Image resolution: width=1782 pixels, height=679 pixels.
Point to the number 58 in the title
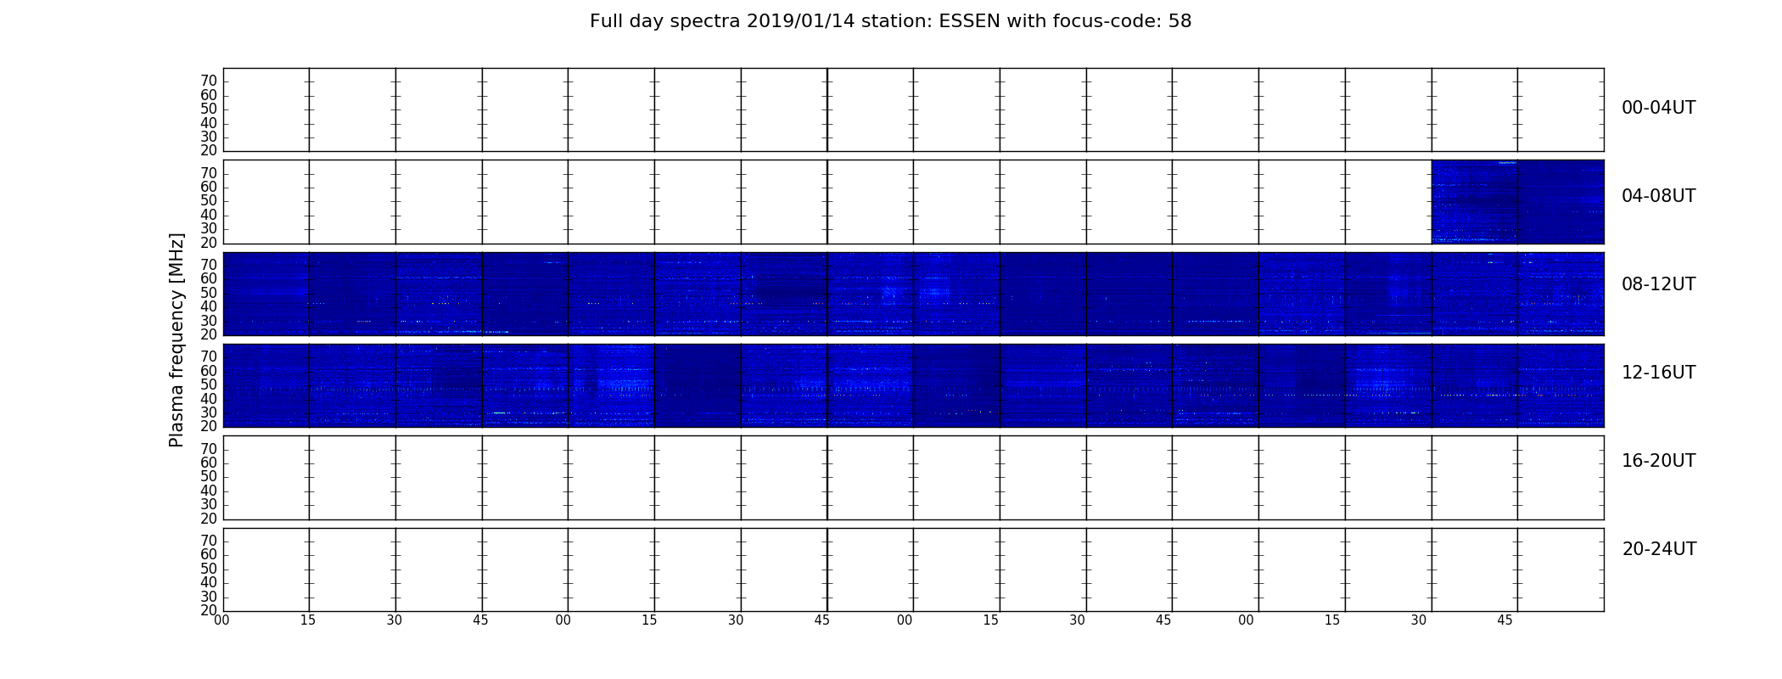point(1180,21)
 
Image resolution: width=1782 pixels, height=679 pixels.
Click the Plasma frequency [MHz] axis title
point(177,339)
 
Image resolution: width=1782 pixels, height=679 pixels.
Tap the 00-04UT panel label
point(1659,108)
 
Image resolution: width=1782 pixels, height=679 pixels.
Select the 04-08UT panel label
point(1659,196)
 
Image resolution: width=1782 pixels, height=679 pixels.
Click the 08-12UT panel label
point(1659,284)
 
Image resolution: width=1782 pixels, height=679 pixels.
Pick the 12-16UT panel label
point(1659,373)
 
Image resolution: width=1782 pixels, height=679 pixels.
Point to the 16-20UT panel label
point(1659,461)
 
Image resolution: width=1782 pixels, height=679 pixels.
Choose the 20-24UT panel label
point(1659,549)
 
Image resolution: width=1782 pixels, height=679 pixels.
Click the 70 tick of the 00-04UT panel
point(209,81)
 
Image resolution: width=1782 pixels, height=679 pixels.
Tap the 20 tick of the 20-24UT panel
point(209,610)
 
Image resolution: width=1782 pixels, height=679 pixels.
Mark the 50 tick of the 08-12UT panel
point(209,293)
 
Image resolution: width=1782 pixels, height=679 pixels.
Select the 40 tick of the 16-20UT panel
point(209,491)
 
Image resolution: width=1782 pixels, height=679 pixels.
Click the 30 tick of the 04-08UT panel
point(209,228)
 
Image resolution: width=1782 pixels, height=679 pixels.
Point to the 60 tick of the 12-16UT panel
point(209,371)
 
